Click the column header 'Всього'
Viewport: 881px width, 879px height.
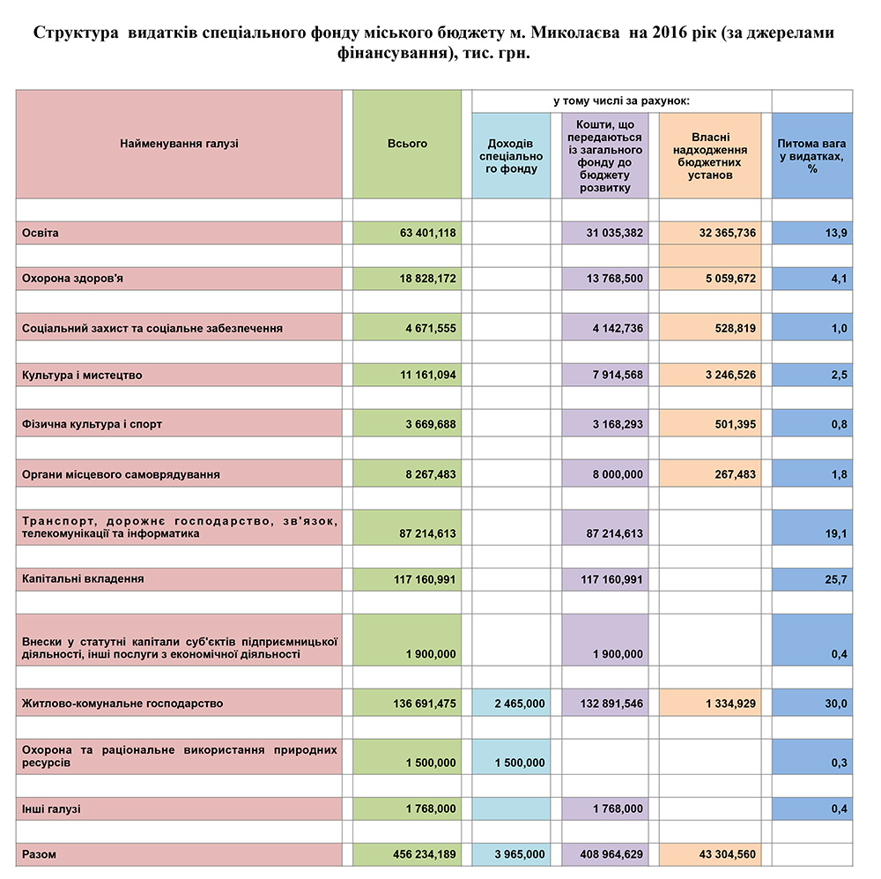[x=407, y=144]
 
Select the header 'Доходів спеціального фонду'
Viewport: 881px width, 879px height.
[x=511, y=156]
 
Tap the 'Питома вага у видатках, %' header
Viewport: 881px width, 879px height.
[x=812, y=156]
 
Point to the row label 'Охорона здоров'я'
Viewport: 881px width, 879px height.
[x=73, y=279]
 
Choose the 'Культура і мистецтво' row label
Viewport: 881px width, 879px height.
[x=82, y=376]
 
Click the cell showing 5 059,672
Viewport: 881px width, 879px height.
[x=720, y=279]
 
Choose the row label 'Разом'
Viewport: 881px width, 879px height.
[x=40, y=854]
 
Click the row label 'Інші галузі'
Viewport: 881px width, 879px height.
[x=51, y=808]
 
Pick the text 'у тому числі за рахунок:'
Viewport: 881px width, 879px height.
[x=621, y=101]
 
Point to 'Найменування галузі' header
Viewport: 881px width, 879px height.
[x=179, y=144]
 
